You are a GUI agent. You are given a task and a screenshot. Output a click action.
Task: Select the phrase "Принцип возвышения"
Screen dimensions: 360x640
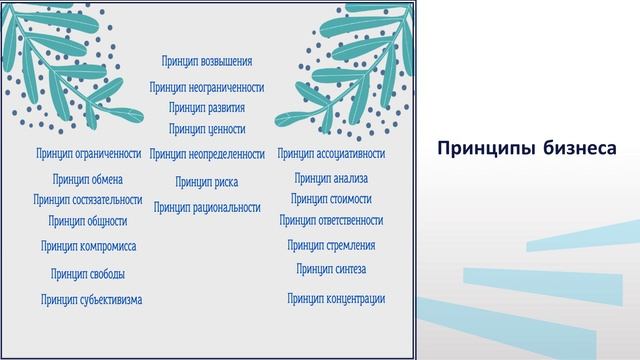click(x=207, y=62)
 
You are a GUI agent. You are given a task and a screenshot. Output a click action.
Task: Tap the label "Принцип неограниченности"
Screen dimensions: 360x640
click(x=207, y=87)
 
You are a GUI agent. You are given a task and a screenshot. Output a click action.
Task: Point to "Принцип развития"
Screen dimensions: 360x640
click(x=207, y=107)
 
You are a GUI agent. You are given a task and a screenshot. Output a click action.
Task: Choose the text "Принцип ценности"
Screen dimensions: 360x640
click(x=207, y=129)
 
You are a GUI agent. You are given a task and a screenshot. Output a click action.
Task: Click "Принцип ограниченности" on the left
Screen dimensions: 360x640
click(x=88, y=154)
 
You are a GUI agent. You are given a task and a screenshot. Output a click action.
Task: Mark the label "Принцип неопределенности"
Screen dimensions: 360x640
click(x=207, y=154)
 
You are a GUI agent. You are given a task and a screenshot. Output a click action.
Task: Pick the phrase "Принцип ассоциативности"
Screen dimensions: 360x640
click(x=331, y=154)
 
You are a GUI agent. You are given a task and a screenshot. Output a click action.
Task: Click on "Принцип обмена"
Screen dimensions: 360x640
click(x=88, y=180)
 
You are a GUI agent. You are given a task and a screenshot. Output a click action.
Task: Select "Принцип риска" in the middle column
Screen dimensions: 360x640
click(x=207, y=182)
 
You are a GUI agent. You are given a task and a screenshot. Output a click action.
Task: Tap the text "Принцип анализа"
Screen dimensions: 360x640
click(x=331, y=179)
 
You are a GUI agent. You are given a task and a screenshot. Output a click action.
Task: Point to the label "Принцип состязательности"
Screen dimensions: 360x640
click(x=88, y=200)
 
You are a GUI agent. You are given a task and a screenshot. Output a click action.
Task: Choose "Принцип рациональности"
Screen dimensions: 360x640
click(x=207, y=208)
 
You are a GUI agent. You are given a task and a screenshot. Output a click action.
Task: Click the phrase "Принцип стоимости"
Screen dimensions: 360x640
click(x=331, y=200)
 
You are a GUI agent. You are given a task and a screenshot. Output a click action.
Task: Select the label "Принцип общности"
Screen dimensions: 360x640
click(x=88, y=221)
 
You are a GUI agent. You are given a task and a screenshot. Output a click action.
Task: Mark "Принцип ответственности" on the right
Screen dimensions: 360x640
click(x=331, y=221)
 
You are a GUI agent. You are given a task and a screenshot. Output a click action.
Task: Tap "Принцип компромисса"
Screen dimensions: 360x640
click(x=88, y=246)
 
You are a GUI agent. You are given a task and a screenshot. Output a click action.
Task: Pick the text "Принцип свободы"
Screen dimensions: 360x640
click(x=88, y=274)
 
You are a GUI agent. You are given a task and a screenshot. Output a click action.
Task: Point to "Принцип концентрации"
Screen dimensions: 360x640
click(x=336, y=298)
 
